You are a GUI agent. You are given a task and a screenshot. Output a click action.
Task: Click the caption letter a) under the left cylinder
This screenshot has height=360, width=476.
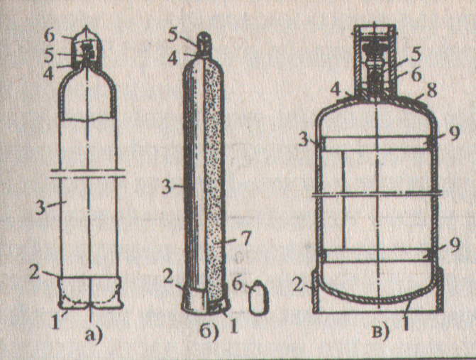click(x=94, y=334)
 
